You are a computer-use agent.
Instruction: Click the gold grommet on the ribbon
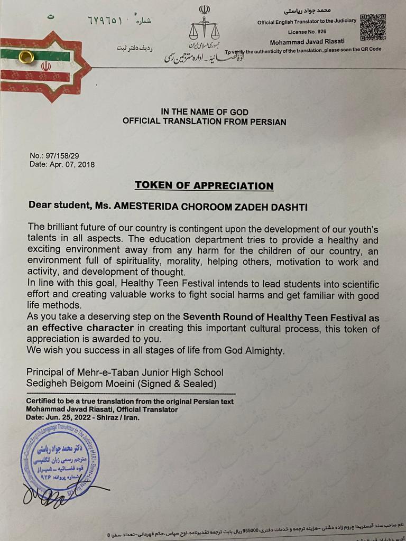26,56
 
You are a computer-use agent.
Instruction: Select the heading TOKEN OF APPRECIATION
204,185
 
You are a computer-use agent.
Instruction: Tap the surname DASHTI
289,207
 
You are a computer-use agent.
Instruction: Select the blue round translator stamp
60,456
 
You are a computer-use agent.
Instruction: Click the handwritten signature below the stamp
58,494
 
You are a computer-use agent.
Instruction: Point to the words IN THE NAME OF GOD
204,112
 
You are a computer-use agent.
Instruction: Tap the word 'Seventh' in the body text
202,318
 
